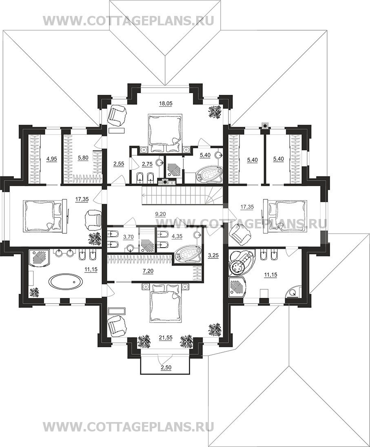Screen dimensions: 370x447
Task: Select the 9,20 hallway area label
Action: tap(160, 213)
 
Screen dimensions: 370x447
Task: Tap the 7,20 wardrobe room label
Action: tap(148, 271)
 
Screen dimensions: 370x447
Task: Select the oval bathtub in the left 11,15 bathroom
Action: tap(65, 282)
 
